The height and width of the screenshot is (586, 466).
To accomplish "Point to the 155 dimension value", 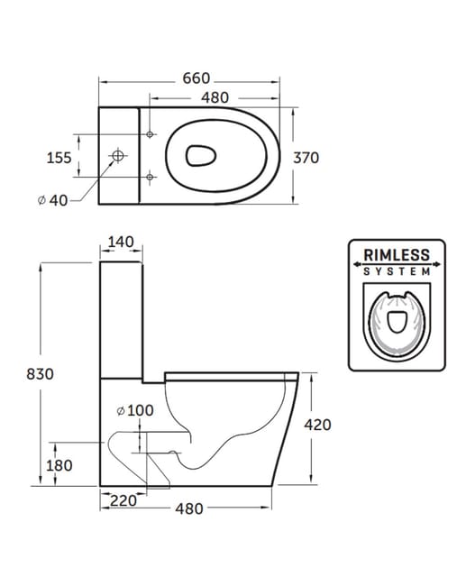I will pyautogui.click(x=59, y=158).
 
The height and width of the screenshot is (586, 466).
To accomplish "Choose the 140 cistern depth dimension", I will pyautogui.click(x=120, y=243).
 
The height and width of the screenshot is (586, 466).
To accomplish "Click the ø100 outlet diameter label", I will pyautogui.click(x=136, y=411).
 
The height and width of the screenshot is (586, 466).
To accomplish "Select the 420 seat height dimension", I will pyautogui.click(x=327, y=425).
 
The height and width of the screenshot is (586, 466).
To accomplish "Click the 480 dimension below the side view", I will pyautogui.click(x=187, y=508).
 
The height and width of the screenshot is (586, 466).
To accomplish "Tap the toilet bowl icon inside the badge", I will pyautogui.click(x=396, y=322).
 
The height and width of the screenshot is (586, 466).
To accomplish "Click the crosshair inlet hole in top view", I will pyautogui.click(x=116, y=157).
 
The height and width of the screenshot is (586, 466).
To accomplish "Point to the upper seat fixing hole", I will pyautogui.click(x=151, y=134).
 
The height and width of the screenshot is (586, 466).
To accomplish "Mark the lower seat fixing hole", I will pyautogui.click(x=151, y=175).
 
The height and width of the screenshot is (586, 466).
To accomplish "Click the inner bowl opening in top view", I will pyautogui.click(x=201, y=157).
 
